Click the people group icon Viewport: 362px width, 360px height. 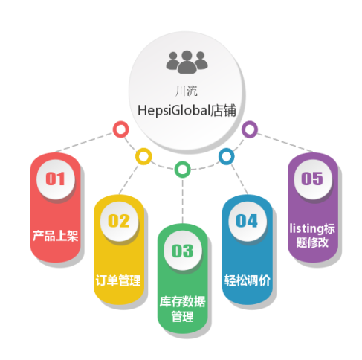click(x=187, y=62)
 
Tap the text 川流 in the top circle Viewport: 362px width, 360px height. click(x=187, y=91)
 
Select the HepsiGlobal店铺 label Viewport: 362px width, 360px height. click(x=187, y=110)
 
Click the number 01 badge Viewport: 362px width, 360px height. click(x=56, y=179)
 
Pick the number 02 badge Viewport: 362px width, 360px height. click(x=119, y=221)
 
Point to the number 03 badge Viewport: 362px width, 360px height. click(x=183, y=251)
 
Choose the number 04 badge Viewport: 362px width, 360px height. click(x=247, y=221)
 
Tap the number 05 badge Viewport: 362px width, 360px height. click(x=312, y=179)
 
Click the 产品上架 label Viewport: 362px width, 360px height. click(x=56, y=236)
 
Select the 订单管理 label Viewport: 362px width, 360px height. click(x=118, y=280)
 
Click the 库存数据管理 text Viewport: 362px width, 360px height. click(x=183, y=309)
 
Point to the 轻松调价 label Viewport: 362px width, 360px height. click(x=247, y=280)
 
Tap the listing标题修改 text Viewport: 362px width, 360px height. click(x=312, y=236)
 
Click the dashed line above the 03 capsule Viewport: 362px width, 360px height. click(x=183, y=201)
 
